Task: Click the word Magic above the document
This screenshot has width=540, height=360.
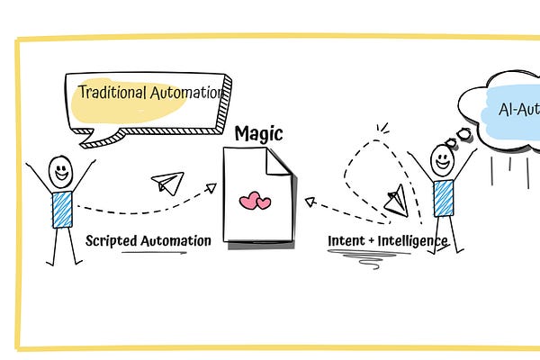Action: click(258, 134)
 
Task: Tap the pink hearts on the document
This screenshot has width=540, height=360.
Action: click(256, 201)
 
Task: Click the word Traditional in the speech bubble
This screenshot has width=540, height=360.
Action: click(112, 92)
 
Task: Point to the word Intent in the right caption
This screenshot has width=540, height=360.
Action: click(346, 241)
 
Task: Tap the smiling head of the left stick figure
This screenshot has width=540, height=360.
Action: click(61, 167)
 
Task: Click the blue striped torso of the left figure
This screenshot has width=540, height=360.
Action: click(62, 209)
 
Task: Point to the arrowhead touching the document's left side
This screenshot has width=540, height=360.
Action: click(211, 187)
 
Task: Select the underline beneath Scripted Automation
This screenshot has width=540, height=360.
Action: click(153, 253)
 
